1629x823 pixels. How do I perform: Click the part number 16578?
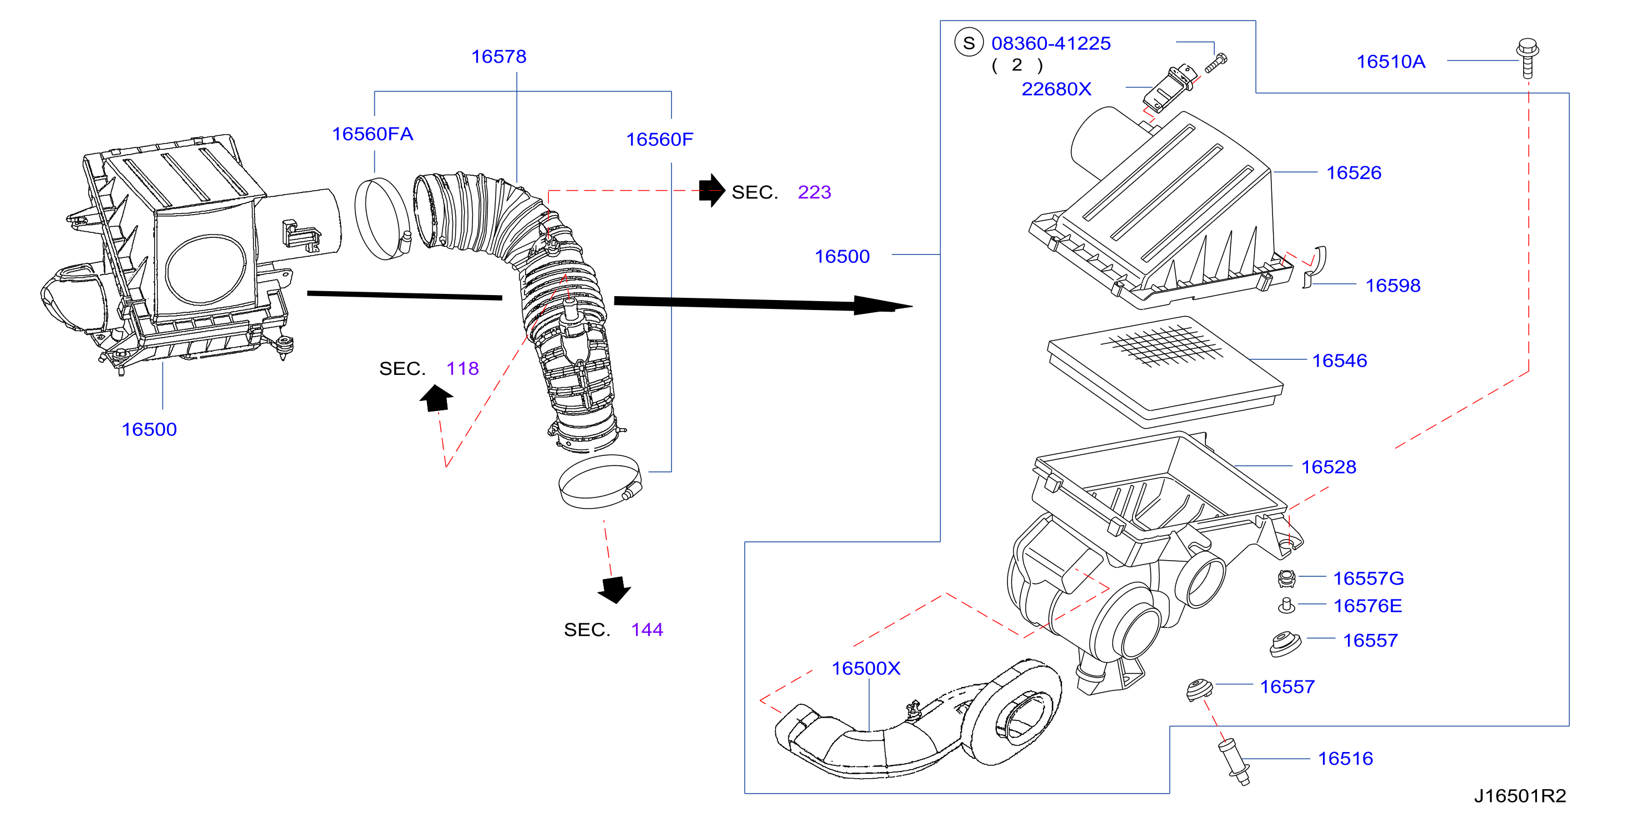coord(498,57)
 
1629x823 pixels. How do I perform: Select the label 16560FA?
coord(373,134)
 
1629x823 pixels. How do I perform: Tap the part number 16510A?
coord(1391,62)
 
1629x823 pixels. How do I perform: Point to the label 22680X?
coord(1056,89)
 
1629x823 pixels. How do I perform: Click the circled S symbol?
coord(969,43)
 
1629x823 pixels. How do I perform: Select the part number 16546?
coord(1340,360)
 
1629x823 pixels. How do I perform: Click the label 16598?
coord(1392,285)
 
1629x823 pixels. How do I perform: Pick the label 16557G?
coord(1368,578)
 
